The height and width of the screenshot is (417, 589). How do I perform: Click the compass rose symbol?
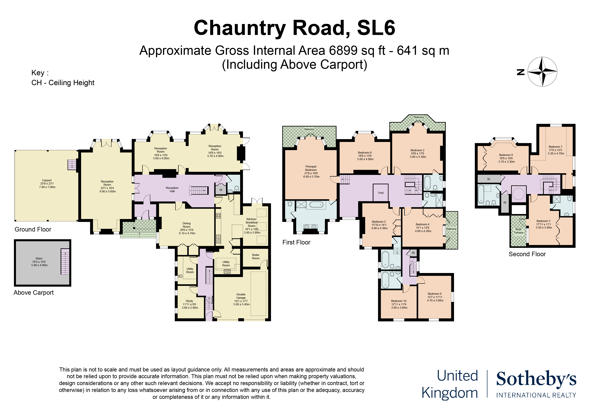click(x=542, y=72)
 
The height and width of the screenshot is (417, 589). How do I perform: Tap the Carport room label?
click(x=47, y=180)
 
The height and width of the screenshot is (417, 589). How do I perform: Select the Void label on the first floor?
click(x=381, y=193)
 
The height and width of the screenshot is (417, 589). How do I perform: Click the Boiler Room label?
click(x=256, y=257)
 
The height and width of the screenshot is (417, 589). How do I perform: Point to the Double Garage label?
click(x=241, y=296)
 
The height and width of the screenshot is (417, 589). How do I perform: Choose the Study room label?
click(x=189, y=301)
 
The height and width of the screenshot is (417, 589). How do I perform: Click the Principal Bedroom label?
click(x=311, y=168)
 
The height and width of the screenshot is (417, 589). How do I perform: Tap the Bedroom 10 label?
click(x=399, y=301)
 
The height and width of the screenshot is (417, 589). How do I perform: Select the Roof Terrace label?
click(x=518, y=231)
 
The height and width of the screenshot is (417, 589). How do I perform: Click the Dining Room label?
click(x=187, y=225)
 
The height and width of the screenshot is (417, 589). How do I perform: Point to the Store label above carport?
click(x=39, y=258)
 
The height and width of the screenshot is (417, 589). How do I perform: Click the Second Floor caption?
click(x=527, y=254)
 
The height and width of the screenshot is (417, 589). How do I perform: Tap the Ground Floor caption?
click(x=33, y=229)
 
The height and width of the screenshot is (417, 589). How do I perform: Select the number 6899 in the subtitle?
click(x=343, y=51)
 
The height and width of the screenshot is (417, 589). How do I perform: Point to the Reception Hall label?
click(x=172, y=190)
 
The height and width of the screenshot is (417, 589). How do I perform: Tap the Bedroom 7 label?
click(x=555, y=147)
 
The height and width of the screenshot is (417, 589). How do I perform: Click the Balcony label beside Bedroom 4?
click(x=451, y=229)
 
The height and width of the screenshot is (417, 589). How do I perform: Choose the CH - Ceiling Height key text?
click(x=63, y=83)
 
